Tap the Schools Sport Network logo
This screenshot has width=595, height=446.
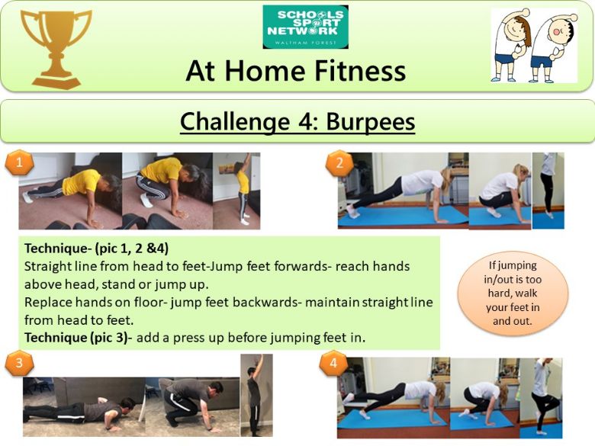(x=305, y=27)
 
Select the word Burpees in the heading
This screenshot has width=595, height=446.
(x=371, y=122)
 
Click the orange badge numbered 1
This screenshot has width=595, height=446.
(x=19, y=162)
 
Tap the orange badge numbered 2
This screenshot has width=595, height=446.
(x=339, y=163)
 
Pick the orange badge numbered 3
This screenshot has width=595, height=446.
(x=19, y=363)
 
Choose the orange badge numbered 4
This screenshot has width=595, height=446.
(x=333, y=363)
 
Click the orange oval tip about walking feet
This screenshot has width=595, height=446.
(x=513, y=294)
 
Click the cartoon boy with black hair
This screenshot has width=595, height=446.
(x=552, y=45)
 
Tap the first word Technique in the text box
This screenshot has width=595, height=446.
(x=56, y=249)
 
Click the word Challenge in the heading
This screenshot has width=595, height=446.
(x=234, y=122)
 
